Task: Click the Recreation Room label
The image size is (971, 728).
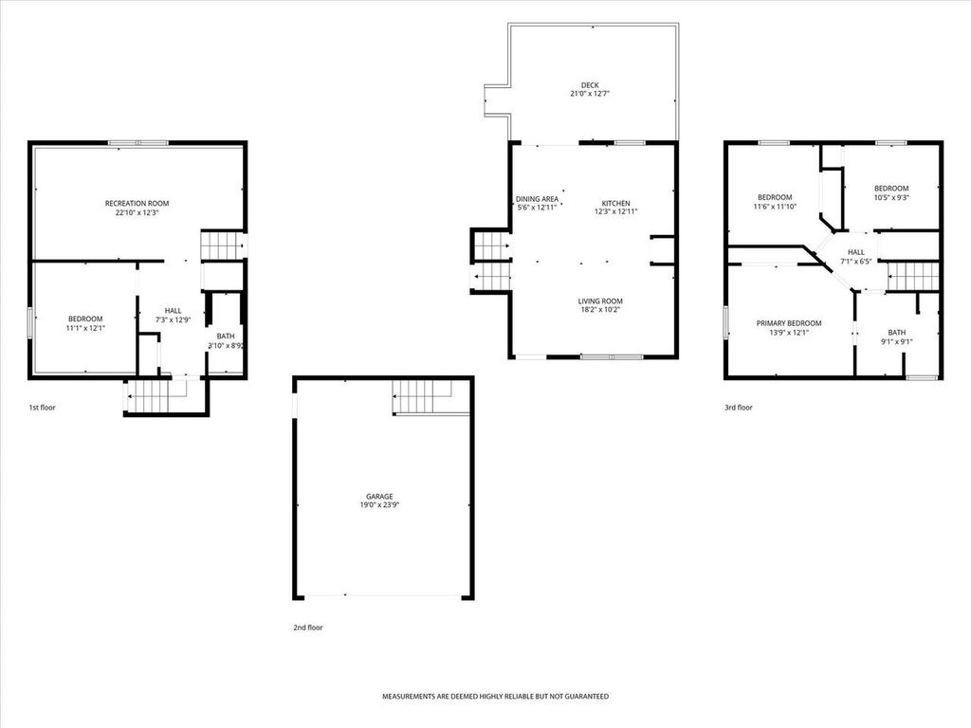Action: pyautogui.click(x=137, y=204)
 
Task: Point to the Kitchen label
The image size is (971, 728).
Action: pyautogui.click(x=615, y=204)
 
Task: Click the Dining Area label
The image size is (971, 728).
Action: pyautogui.click(x=537, y=199)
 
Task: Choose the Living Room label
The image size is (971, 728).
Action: pyautogui.click(x=600, y=301)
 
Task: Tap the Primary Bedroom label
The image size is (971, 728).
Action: pyautogui.click(x=788, y=323)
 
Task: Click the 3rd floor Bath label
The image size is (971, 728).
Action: pyautogui.click(x=896, y=333)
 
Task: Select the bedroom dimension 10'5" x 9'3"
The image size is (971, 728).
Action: pyautogui.click(x=890, y=198)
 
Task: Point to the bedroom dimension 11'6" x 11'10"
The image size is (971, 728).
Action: pyautogui.click(x=775, y=207)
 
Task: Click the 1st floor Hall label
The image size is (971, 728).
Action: pyautogui.click(x=173, y=310)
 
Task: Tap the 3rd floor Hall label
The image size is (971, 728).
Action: pyautogui.click(x=855, y=252)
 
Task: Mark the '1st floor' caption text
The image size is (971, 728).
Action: pyautogui.click(x=43, y=408)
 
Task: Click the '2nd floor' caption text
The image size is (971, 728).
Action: pyautogui.click(x=307, y=627)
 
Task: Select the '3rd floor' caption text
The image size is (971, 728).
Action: pyautogui.click(x=738, y=408)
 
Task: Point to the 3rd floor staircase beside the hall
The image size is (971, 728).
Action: pyautogui.click(x=913, y=276)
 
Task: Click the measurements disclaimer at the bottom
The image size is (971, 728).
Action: pyautogui.click(x=495, y=697)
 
